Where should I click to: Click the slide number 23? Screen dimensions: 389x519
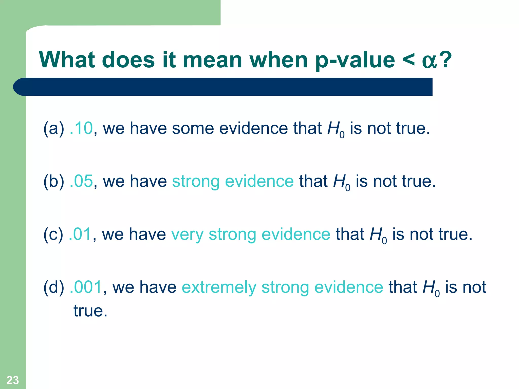[x=13, y=380]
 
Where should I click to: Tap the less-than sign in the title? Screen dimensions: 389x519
[x=408, y=60]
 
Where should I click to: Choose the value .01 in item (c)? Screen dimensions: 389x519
[x=80, y=234]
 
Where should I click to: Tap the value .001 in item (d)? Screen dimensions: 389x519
[x=86, y=287]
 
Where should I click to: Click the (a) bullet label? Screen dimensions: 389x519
[x=54, y=128]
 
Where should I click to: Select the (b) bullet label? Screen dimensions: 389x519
[x=54, y=181]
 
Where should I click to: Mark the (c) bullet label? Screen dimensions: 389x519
[x=53, y=234]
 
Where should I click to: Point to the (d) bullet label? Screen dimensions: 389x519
[x=54, y=287]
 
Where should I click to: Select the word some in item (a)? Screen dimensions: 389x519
[x=192, y=128]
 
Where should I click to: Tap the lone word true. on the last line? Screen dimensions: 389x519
[x=90, y=311]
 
